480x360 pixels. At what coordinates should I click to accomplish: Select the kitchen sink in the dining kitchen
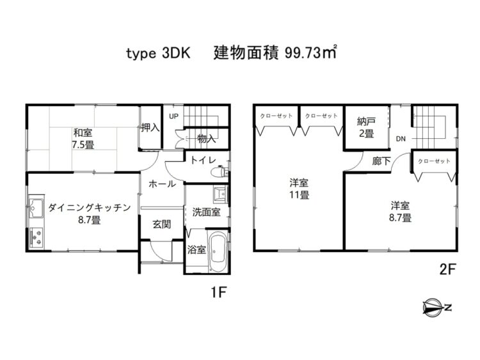pos(36,207)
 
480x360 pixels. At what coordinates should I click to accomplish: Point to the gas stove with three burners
pos(36,239)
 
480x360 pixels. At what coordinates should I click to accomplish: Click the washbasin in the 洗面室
pos(220,194)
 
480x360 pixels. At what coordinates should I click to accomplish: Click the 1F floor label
pos(218,293)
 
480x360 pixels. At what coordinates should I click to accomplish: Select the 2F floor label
pos(448,269)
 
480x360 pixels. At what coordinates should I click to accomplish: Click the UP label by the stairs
pos(173,116)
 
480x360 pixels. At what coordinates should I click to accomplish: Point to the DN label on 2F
pos(401,139)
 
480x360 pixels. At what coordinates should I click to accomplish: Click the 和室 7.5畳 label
pos(83,139)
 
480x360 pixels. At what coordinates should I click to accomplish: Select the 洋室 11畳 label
pos(299,189)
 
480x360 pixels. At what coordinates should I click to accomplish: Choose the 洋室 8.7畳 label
pos(400,212)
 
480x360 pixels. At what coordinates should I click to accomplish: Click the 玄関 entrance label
pos(162,224)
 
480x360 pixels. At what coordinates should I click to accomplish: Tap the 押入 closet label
pos(150,127)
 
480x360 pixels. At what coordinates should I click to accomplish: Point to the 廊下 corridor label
pos(381,161)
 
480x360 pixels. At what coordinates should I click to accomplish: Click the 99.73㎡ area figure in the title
pos(310,53)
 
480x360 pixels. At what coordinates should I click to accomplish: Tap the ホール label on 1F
pos(163,184)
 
